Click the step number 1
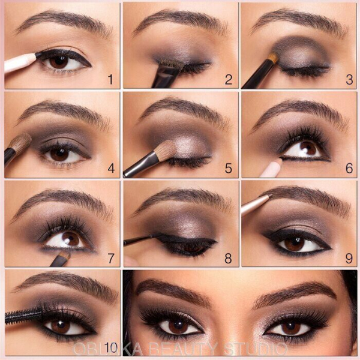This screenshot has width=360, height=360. click(x=109, y=79)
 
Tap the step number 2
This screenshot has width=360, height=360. click(x=228, y=79)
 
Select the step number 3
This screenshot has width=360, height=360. click(x=347, y=79)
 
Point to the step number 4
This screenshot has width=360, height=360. click(x=110, y=169)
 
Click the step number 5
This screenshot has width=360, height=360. click(x=228, y=169)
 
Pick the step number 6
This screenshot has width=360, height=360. click(x=349, y=169)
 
